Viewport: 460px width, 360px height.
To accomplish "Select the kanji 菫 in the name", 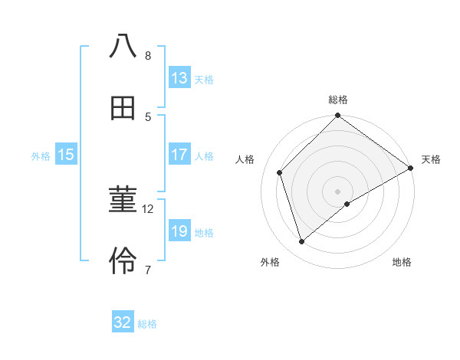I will point(123,201).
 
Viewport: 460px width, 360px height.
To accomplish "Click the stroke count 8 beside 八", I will point(148,55).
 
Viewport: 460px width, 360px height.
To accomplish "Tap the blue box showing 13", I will point(179,78).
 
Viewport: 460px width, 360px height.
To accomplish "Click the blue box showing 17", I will point(179,155).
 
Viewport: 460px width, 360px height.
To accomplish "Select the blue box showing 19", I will point(179,231).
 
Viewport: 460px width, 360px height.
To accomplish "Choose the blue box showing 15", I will point(66,155).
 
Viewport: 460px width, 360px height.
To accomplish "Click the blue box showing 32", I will point(123,322).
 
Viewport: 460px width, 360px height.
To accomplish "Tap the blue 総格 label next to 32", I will point(147,324).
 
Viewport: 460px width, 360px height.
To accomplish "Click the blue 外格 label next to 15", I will point(41,155).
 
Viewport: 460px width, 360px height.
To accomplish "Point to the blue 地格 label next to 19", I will point(204,232).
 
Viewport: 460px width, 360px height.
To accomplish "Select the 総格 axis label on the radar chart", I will point(338,100).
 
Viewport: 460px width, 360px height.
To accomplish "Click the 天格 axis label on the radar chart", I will point(431,159).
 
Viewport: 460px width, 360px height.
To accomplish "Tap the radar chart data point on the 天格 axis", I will point(410,169).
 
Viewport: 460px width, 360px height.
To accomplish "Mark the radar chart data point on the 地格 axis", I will point(347,204).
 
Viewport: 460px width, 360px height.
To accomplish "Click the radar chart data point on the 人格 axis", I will point(280,172).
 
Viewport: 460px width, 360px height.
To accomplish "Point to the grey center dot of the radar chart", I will point(338,191).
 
